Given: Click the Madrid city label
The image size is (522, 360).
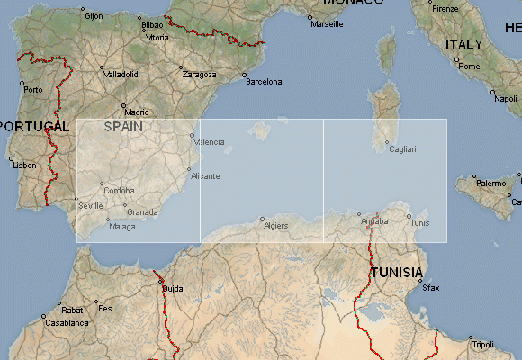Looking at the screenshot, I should pyautogui.click(x=136, y=113).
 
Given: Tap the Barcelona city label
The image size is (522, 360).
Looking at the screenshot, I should pyautogui.click(x=263, y=82).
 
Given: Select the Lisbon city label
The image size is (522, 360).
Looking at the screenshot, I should pyautogui.click(x=24, y=165).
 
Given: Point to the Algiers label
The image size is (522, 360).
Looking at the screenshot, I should pyautogui.click(x=275, y=225).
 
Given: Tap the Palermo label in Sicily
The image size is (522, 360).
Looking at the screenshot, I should pyautogui.click(x=490, y=183).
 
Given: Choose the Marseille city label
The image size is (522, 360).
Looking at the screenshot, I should pyautogui.click(x=326, y=24).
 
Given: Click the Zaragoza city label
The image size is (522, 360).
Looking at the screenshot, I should pyautogui.click(x=199, y=74).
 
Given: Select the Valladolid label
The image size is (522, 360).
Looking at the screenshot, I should pyautogui.click(x=121, y=74).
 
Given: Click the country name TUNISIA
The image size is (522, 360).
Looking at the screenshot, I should pyautogui.click(x=397, y=272).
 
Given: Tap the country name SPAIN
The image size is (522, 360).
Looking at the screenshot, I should pyautogui.click(x=123, y=127).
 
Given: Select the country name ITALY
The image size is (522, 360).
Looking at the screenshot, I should pyautogui.click(x=463, y=44).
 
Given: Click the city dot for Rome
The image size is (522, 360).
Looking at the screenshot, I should pyautogui.click(x=456, y=60).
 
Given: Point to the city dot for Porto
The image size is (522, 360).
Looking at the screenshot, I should pyautogui.click(x=23, y=84).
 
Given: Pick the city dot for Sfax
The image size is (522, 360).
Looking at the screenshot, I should pyautogui.click(x=420, y=283).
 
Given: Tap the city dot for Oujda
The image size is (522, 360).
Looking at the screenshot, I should pyautogui.click(x=162, y=283).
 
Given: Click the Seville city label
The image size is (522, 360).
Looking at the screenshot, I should pyautogui.click(x=91, y=205).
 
